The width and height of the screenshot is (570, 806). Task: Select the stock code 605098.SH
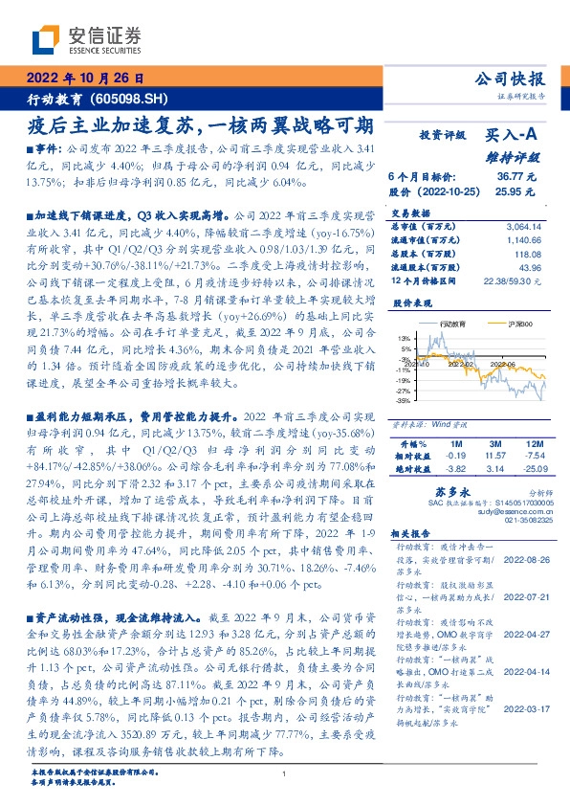[x=124, y=99]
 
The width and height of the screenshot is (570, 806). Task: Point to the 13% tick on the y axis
[x=405, y=338]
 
